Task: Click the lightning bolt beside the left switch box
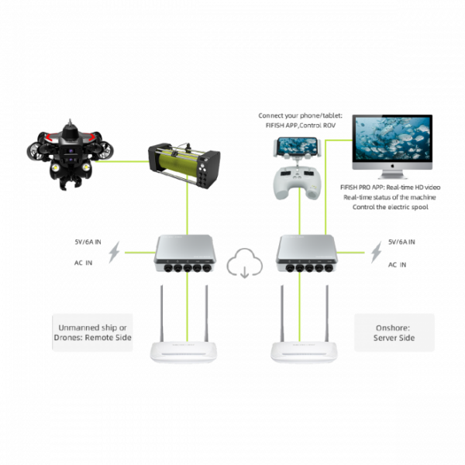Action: tap(116, 252)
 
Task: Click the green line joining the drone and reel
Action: tap(124, 163)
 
